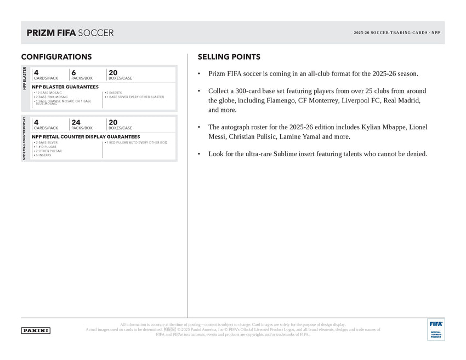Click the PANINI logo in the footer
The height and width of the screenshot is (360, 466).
pyautogui.click(x=36, y=330)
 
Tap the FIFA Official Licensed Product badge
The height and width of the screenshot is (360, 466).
pyautogui.click(x=436, y=329)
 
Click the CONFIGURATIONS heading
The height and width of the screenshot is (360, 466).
pyautogui.click(x=56, y=57)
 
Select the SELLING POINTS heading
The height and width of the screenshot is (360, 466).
pyautogui.click(x=229, y=57)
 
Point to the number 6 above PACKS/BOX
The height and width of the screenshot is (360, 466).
pyautogui.click(x=73, y=72)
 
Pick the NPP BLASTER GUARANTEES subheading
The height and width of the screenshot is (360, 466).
pyautogui.click(x=65, y=87)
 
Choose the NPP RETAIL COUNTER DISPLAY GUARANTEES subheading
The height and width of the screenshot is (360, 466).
pyautogui.click(x=86, y=136)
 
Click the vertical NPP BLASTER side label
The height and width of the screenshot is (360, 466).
pyautogui.click(x=25, y=78)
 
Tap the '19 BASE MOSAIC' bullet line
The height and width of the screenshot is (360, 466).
pyautogui.click(x=48, y=93)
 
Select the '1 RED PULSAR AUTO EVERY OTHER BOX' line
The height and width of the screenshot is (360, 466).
pyautogui.click(x=136, y=142)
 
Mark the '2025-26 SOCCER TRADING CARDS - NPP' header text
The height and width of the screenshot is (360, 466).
pyautogui.click(x=396, y=33)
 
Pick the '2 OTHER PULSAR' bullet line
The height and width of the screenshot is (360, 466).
pyautogui.click(x=48, y=151)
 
